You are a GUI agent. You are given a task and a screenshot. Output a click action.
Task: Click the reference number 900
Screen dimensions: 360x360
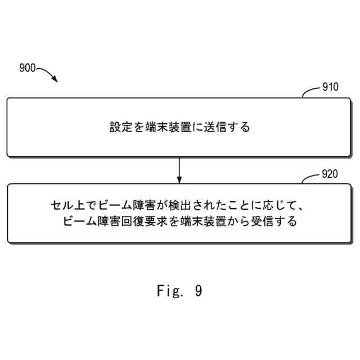[x=27, y=69]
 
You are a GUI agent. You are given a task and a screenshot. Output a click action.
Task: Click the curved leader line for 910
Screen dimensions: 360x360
[x=310, y=92]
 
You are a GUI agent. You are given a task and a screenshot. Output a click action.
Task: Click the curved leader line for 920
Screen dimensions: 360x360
[x=310, y=178]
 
